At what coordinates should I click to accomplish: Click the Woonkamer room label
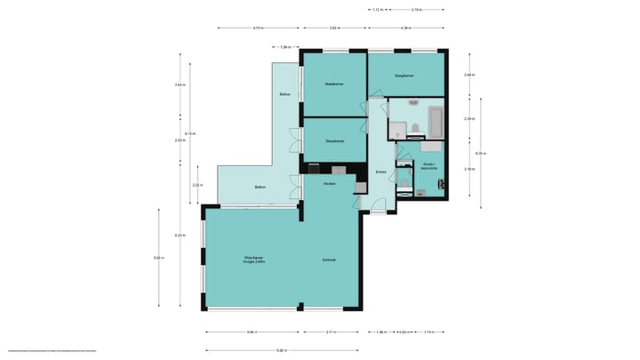click(x=255, y=260)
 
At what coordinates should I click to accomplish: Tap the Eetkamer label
click(x=329, y=260)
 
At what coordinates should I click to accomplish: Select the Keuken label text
click(x=329, y=183)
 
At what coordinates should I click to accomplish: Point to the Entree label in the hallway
click(x=380, y=172)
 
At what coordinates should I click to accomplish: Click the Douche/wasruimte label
click(x=428, y=166)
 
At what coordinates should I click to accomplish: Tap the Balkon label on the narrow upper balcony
click(x=285, y=94)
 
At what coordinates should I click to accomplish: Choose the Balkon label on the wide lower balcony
click(x=260, y=187)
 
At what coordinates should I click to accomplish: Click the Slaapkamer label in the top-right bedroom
click(x=404, y=76)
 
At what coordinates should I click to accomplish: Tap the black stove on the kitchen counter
click(x=314, y=169)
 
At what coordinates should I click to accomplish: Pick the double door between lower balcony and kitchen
click(x=293, y=187)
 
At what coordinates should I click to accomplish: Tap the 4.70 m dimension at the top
click(x=258, y=28)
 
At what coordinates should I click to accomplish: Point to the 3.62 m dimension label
click(x=334, y=28)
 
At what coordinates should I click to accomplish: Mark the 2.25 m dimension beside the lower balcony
click(x=196, y=185)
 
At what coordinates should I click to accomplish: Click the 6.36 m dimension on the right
click(x=480, y=152)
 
